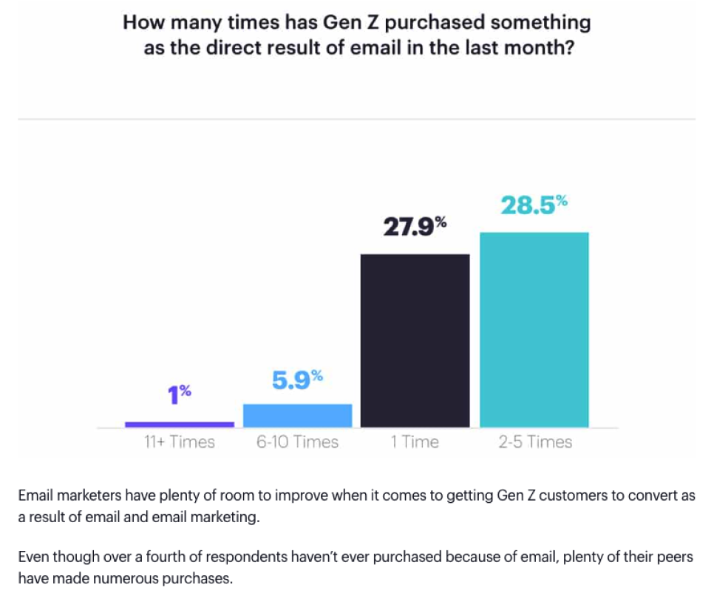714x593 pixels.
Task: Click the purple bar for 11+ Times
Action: click(180, 424)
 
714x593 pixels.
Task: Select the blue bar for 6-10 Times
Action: click(297, 415)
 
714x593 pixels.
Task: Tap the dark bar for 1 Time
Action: click(415, 340)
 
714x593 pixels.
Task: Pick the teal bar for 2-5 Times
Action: click(534, 329)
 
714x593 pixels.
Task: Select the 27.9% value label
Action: click(415, 227)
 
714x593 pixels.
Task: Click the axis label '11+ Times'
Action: click(180, 442)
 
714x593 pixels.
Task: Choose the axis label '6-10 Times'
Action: click(297, 442)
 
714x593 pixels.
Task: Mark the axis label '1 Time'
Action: click(415, 442)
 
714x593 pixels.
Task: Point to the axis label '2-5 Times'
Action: click(534, 442)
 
